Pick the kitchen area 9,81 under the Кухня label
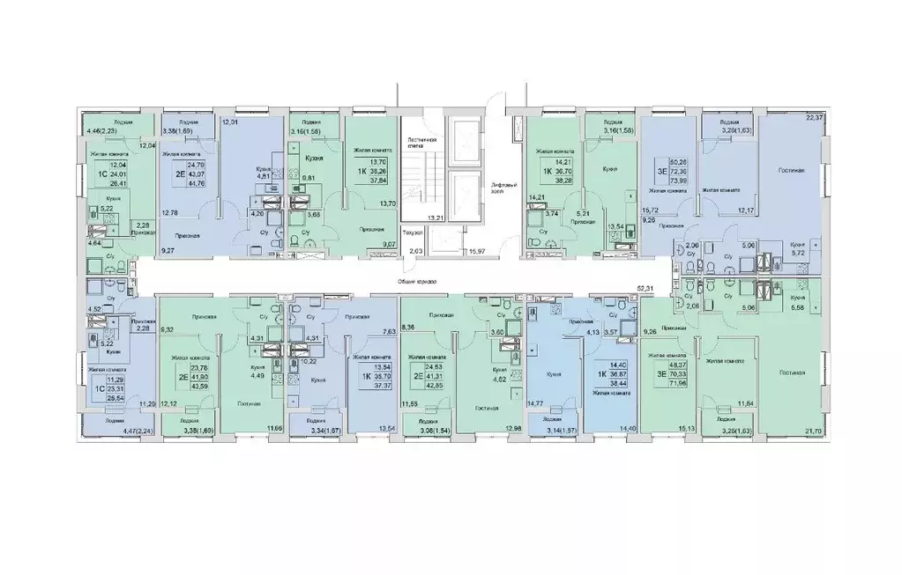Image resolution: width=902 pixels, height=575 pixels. click(309, 177)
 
